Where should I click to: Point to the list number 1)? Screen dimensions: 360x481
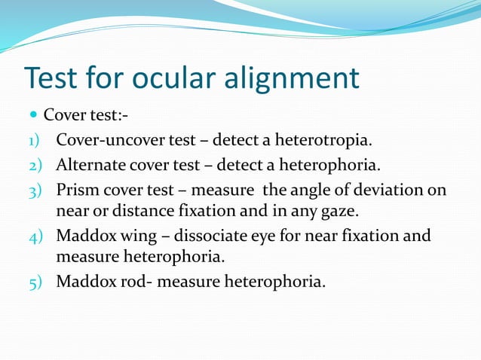[x=34, y=140]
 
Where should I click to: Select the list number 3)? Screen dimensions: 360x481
[x=34, y=189]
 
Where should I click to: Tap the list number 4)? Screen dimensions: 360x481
[x=34, y=236]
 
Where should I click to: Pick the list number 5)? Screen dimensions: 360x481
[x=34, y=283]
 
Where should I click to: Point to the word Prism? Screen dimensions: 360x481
[x=77, y=189]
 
